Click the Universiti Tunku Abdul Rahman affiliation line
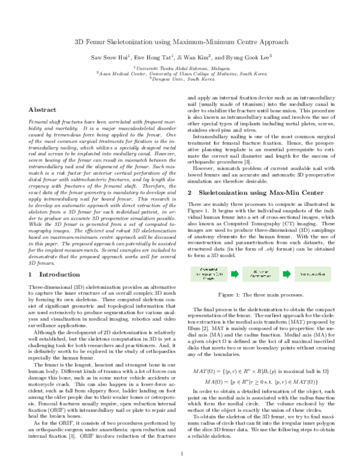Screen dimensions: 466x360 [x=181, y=68]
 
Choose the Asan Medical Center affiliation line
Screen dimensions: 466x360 [x=181, y=74]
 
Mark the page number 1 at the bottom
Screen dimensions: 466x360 [x=181, y=453]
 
